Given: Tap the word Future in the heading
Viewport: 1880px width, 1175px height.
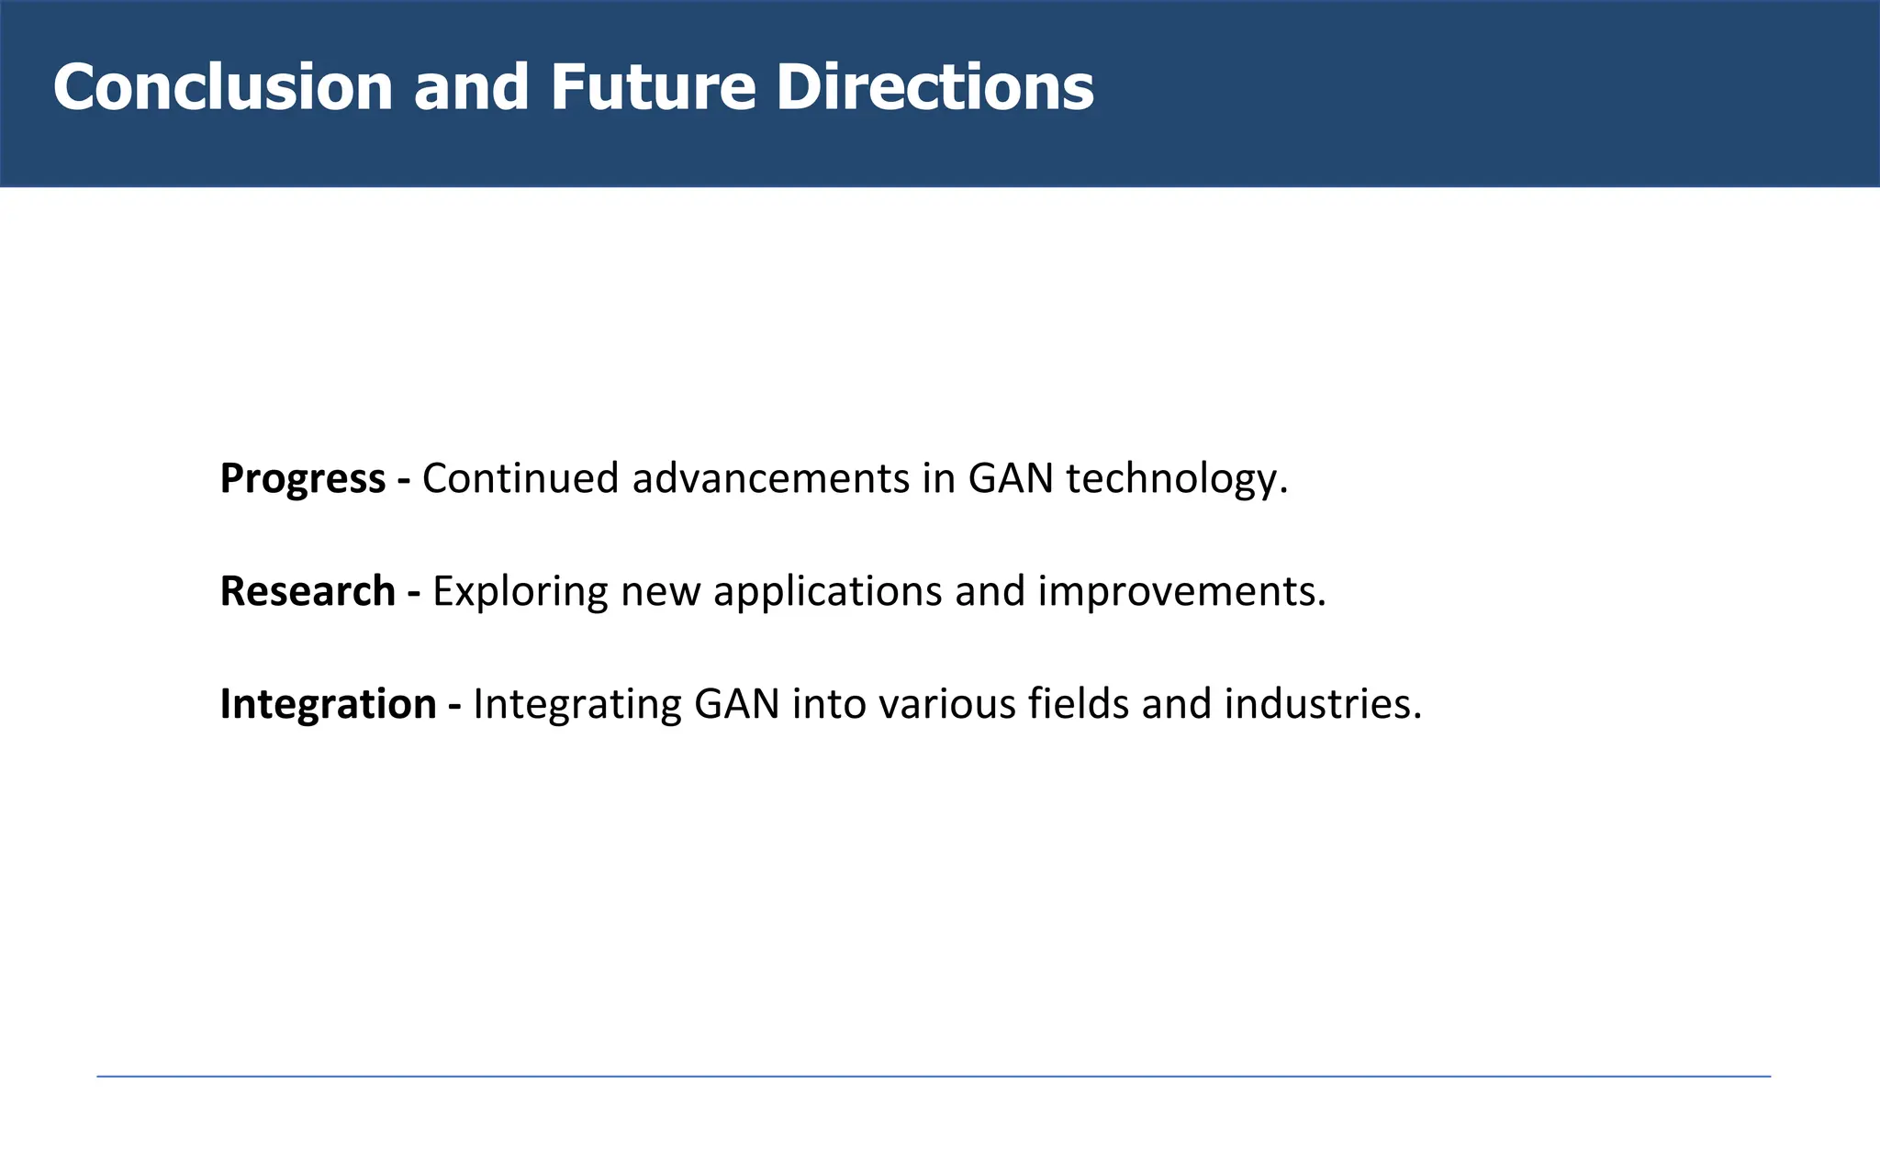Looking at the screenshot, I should pyautogui.click(x=653, y=88).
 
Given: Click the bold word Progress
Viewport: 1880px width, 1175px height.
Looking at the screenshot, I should pyautogui.click(x=303, y=479).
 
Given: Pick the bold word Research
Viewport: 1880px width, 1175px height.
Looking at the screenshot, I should pyautogui.click(x=308, y=591).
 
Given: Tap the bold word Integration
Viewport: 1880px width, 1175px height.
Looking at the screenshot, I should pyautogui.click(x=328, y=704).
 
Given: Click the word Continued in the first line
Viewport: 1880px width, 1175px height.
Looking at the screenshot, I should pyautogui.click(x=520, y=479).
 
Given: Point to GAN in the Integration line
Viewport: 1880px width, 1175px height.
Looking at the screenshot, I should pyautogui.click(x=737, y=705).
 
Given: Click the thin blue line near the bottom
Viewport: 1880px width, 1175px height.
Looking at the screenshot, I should pyautogui.click(x=933, y=1076).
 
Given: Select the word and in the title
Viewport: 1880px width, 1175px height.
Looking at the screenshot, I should pyautogui.click(x=471, y=88).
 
